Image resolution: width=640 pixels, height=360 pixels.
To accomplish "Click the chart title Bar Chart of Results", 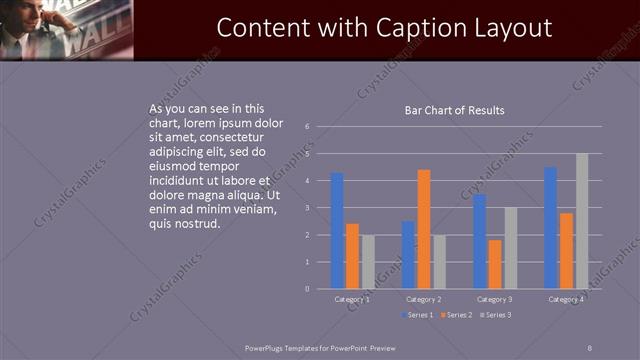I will (x=453, y=110).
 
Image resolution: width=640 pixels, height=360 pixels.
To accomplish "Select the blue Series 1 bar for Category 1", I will (x=337, y=230).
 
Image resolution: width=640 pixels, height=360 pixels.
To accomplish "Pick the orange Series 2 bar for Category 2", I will (x=424, y=229).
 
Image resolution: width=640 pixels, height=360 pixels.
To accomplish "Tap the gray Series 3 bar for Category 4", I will (x=582, y=221).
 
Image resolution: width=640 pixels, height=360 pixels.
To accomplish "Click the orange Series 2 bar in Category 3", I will (x=495, y=264).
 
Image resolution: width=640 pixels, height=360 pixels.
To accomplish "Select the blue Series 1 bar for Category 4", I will (x=551, y=228).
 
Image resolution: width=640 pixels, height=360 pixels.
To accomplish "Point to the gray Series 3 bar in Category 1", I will (x=368, y=261).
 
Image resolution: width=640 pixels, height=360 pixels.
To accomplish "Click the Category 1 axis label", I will (x=352, y=299).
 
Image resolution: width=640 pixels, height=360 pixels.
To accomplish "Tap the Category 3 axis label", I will (x=495, y=299).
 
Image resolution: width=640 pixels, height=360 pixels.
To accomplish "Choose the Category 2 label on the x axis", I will (x=424, y=299).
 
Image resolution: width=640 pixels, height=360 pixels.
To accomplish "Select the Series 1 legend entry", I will (x=419, y=315).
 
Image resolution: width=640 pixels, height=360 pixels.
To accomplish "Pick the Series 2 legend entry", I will (x=456, y=315).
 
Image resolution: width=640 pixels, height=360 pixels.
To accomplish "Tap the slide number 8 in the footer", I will (x=589, y=347).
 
